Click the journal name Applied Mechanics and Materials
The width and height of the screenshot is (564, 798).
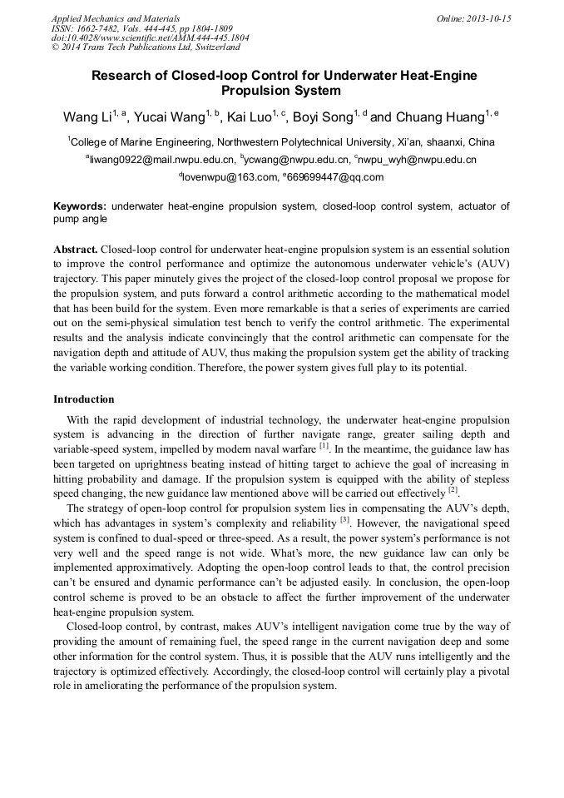click(x=116, y=18)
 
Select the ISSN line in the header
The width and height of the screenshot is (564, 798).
click(x=142, y=28)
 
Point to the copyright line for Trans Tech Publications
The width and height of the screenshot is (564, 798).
click(x=146, y=47)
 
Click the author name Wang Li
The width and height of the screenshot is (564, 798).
click(x=86, y=116)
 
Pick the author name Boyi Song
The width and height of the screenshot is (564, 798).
click(x=324, y=116)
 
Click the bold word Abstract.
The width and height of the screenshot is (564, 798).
click(x=76, y=250)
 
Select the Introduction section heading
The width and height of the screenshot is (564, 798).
click(x=83, y=399)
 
